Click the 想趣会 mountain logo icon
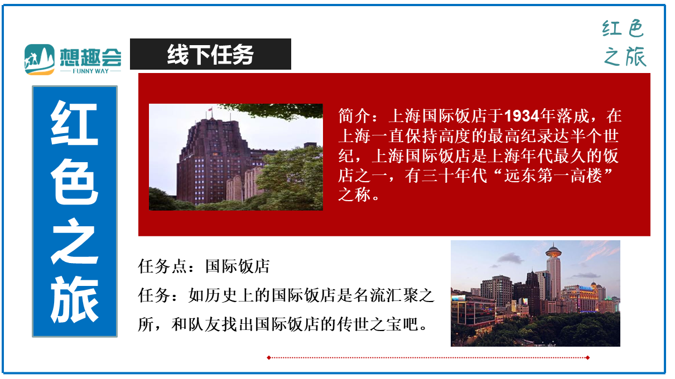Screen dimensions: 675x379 point(40,59)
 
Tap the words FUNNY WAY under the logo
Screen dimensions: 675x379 point(90,71)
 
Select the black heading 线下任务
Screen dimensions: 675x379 point(210,54)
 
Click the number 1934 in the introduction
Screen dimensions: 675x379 point(522,116)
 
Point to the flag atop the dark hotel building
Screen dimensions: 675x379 point(210,109)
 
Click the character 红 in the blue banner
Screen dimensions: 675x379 point(74,123)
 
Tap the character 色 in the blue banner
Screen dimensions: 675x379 point(74,182)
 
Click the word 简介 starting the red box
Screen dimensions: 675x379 point(354,116)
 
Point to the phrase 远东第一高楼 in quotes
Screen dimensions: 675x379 point(553,176)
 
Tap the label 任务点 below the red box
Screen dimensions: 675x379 point(162,266)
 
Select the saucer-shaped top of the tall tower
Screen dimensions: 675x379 point(553,251)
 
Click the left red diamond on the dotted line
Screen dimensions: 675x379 point(269,358)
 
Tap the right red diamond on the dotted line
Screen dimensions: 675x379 point(588,358)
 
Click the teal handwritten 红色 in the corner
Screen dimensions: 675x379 point(623,28)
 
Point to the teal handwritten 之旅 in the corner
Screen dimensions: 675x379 point(625,56)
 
